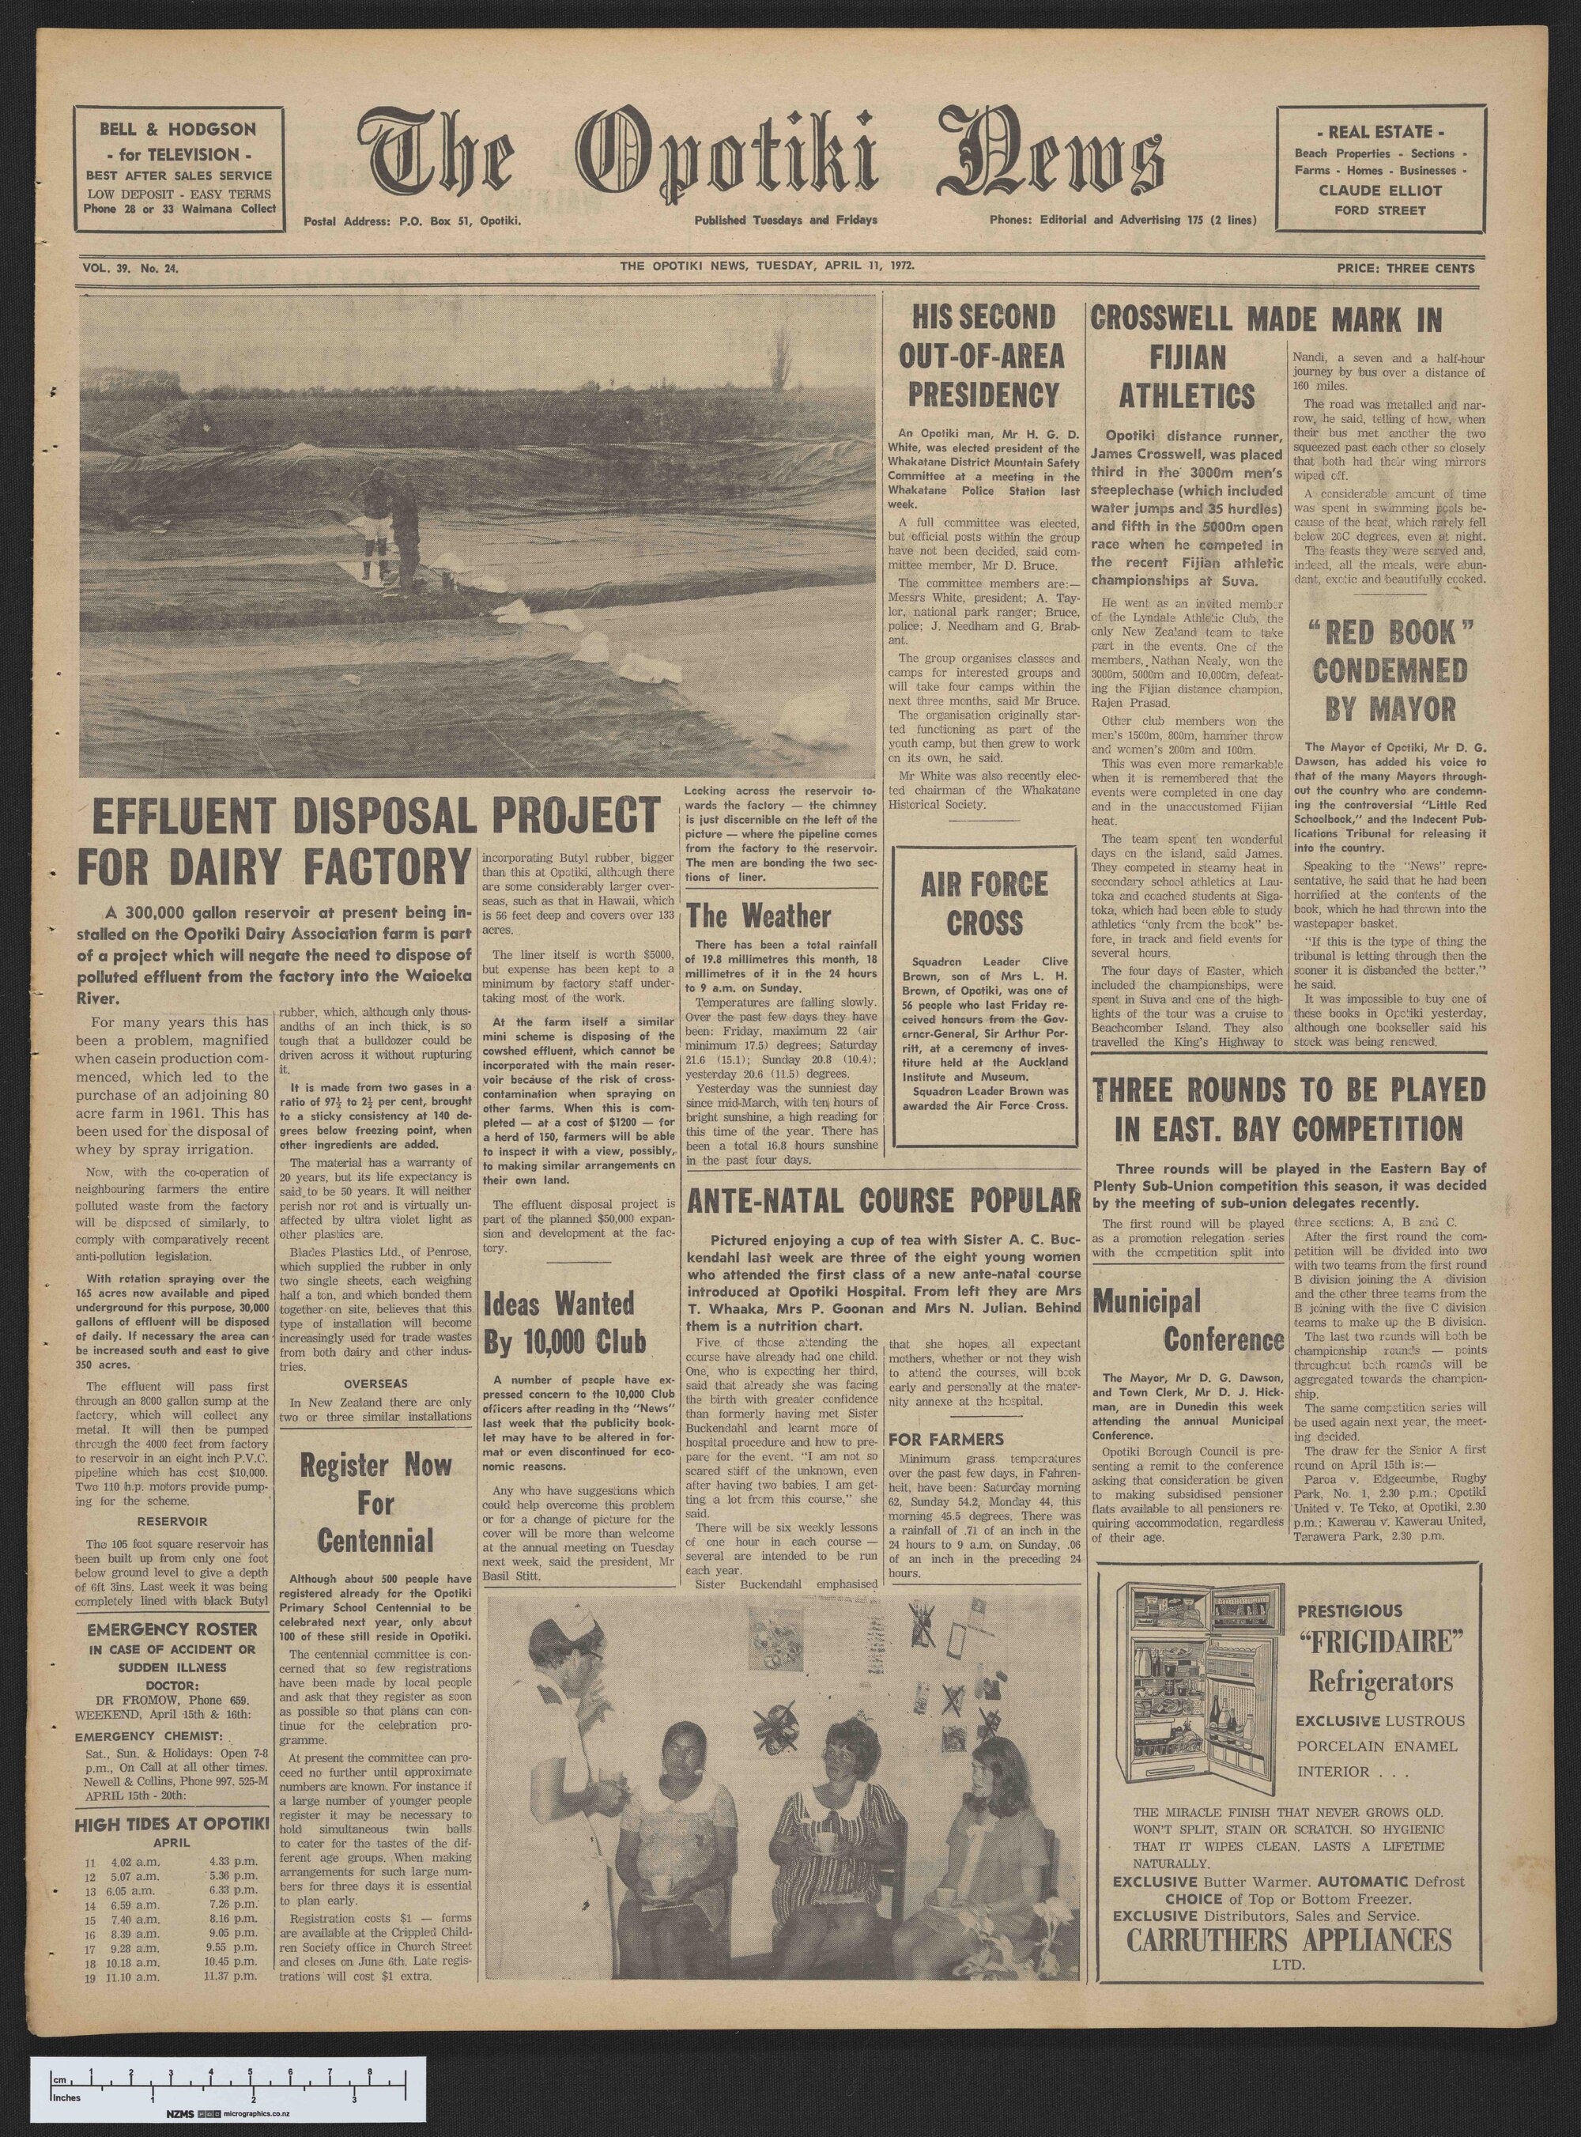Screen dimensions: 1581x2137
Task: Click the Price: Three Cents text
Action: coord(1405,268)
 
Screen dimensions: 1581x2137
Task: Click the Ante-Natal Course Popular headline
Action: coord(881,1199)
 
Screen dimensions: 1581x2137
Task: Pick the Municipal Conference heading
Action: coord(1187,1320)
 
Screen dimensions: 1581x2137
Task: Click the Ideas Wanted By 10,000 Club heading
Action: coord(560,1323)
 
